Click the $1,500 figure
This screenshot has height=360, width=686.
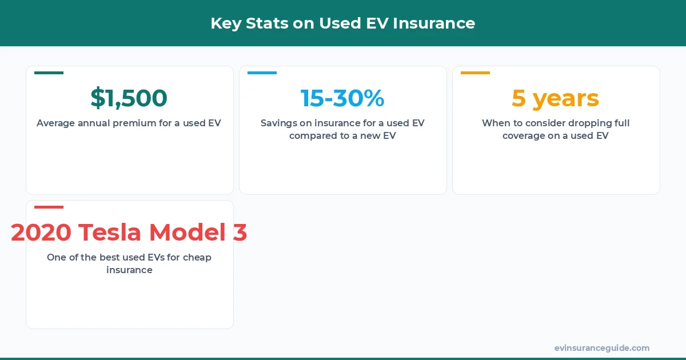pos(129,98)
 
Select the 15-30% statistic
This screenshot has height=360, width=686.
pos(342,98)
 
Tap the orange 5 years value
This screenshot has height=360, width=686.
pos(555,98)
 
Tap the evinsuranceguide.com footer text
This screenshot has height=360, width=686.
pos(601,348)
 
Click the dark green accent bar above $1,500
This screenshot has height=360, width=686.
pos(49,73)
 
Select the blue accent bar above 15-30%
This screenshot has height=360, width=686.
pos(262,73)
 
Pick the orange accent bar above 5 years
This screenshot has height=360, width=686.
pos(475,73)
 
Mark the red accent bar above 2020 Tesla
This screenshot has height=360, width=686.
pos(49,207)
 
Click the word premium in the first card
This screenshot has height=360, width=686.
pos(135,123)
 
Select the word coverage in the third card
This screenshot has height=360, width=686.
pos(524,136)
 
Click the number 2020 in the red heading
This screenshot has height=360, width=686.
pos(41,233)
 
